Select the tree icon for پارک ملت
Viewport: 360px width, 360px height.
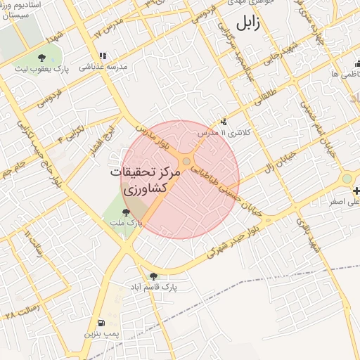[126, 212]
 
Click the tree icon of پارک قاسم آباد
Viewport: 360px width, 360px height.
[154, 276]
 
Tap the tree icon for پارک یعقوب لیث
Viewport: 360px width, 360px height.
[41, 58]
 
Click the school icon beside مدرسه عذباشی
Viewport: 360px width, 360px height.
[103, 56]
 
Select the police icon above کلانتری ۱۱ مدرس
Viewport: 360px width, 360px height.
[224, 122]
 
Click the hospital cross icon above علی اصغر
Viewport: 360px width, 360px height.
[358, 191]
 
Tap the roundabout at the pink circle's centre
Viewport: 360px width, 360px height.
[186, 162]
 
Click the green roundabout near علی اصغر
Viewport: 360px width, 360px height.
[347, 179]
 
